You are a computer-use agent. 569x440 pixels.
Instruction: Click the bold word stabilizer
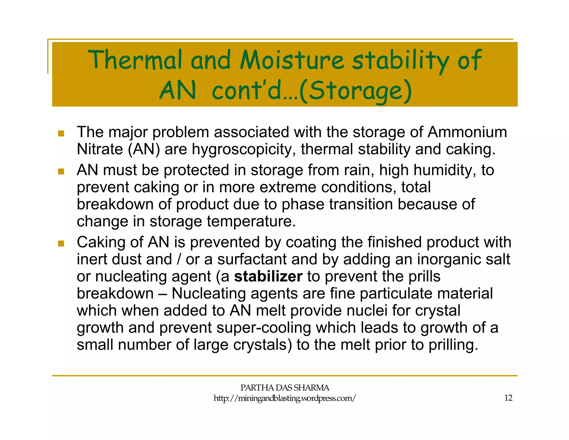pyautogui.click(x=268, y=276)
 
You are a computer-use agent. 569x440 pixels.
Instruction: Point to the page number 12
pyautogui.click(x=508, y=398)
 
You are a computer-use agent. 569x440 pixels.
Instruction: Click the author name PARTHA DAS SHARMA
pyautogui.click(x=284, y=387)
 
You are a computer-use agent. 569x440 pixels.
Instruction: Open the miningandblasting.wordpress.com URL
pyautogui.click(x=284, y=398)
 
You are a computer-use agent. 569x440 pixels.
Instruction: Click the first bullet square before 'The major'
pyautogui.click(x=61, y=134)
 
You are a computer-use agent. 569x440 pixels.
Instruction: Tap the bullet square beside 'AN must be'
pyautogui.click(x=61, y=171)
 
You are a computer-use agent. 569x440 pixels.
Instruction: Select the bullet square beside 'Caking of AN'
pyautogui.click(x=61, y=244)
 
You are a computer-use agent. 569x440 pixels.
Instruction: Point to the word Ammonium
pyautogui.click(x=467, y=132)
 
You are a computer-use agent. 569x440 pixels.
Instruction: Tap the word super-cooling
pyautogui.click(x=264, y=328)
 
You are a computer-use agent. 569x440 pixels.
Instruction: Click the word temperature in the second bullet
pyautogui.click(x=251, y=221)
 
